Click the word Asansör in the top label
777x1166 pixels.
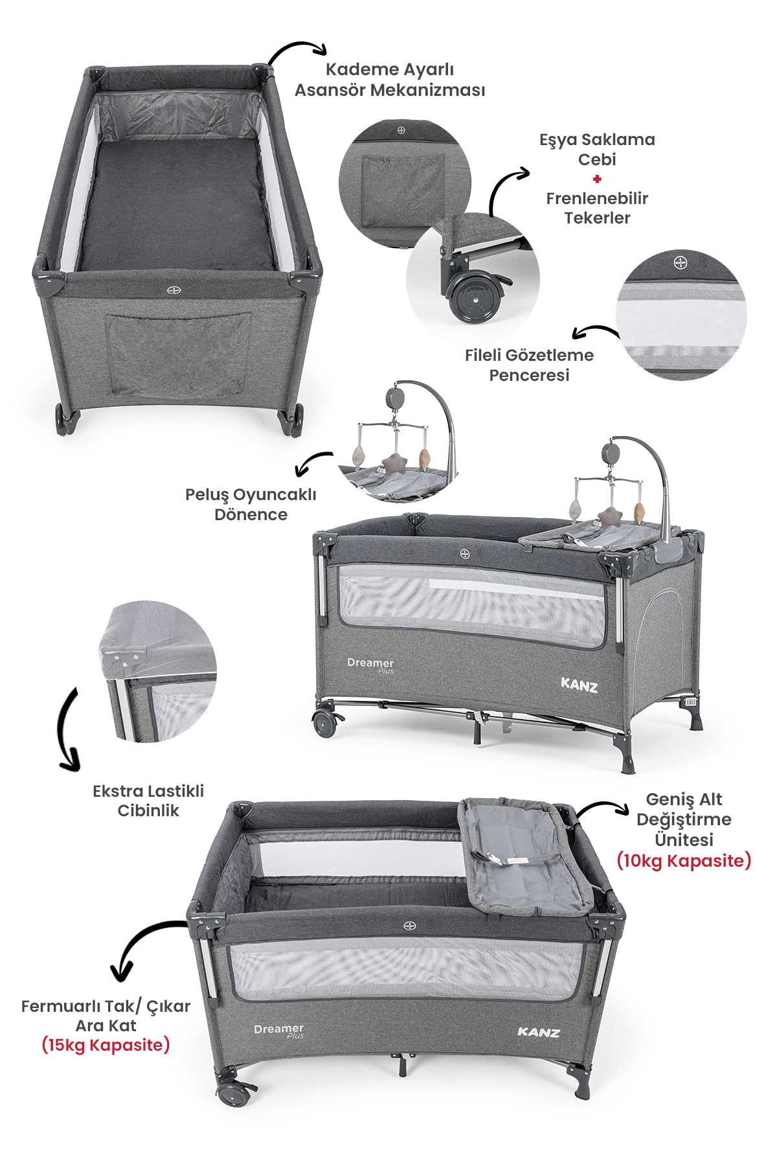coord(330,89)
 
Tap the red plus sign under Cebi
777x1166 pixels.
coord(597,179)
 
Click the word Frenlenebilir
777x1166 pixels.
coord(597,198)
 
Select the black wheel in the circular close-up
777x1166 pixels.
coord(475,298)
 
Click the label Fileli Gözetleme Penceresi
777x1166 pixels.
coord(529,365)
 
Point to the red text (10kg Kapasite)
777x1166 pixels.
coord(684,860)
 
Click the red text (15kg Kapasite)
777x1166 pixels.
coord(106,1045)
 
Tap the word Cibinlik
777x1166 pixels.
coord(148,810)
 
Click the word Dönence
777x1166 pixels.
coord(251,514)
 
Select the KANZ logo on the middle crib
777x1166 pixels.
coord(579,685)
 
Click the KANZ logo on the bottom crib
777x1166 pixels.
coord(538,1032)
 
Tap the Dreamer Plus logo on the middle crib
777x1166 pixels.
coord(370,665)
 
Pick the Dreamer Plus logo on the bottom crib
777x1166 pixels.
coord(279,1030)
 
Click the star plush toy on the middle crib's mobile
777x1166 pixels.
coord(609,518)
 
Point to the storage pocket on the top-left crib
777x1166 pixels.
coord(178,354)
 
